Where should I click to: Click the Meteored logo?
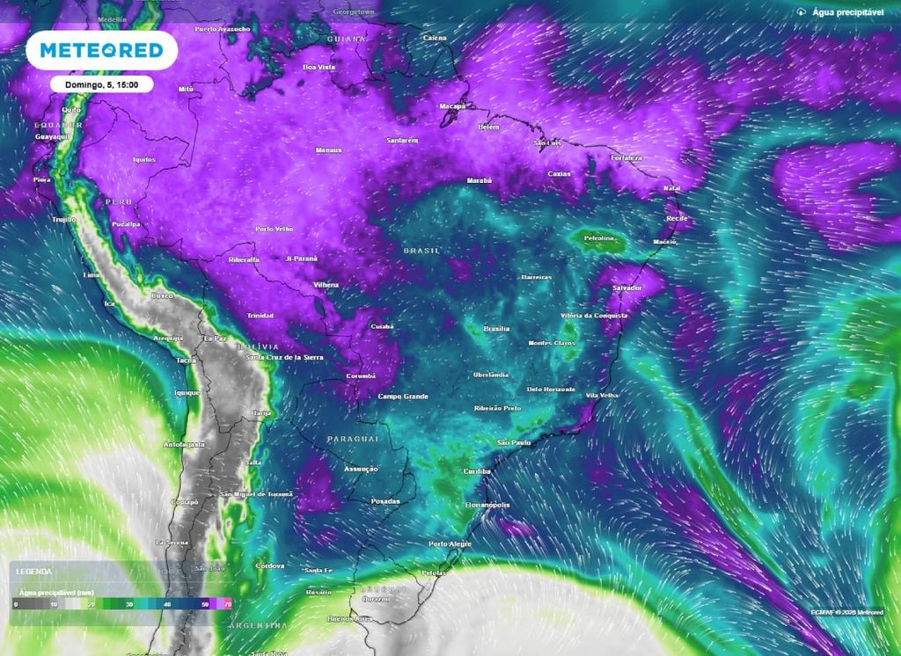101,50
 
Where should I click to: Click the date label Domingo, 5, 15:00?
101,84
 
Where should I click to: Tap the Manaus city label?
328,150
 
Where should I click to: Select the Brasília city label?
496,329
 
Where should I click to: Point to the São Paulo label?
514,442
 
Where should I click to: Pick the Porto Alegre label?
450,544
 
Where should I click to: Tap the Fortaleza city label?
626,158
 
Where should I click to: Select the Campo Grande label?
402,397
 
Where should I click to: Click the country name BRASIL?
421,251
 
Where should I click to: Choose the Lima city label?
90,275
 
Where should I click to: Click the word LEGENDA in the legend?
33,572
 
